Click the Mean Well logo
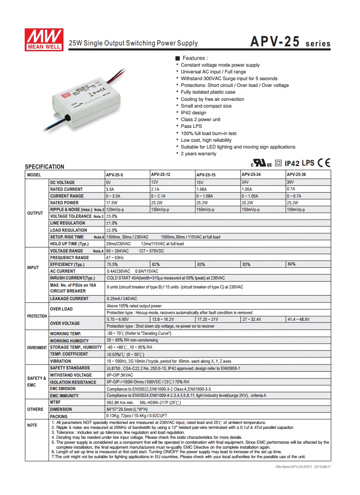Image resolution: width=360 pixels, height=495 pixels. pos(44,40)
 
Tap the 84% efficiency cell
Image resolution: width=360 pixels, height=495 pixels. pos(292,264)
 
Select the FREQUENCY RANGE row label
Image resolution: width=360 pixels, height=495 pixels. pos(69,258)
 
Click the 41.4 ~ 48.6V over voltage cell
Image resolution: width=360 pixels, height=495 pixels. pos(298,319)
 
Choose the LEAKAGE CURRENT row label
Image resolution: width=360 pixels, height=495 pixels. pos(69,298)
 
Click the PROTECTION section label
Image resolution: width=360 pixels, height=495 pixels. pos(37,316)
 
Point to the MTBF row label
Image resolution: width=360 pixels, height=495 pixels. pos(55,402)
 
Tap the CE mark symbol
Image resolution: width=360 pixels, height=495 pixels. pos(324,162)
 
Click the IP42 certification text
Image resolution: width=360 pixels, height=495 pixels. pos(292,163)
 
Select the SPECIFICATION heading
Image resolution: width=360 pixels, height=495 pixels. pos(45,166)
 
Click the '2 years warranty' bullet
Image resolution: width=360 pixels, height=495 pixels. pos(198,154)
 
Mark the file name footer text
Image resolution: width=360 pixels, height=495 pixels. pos(303,467)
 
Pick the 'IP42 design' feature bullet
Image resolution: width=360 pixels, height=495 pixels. pos(193,112)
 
